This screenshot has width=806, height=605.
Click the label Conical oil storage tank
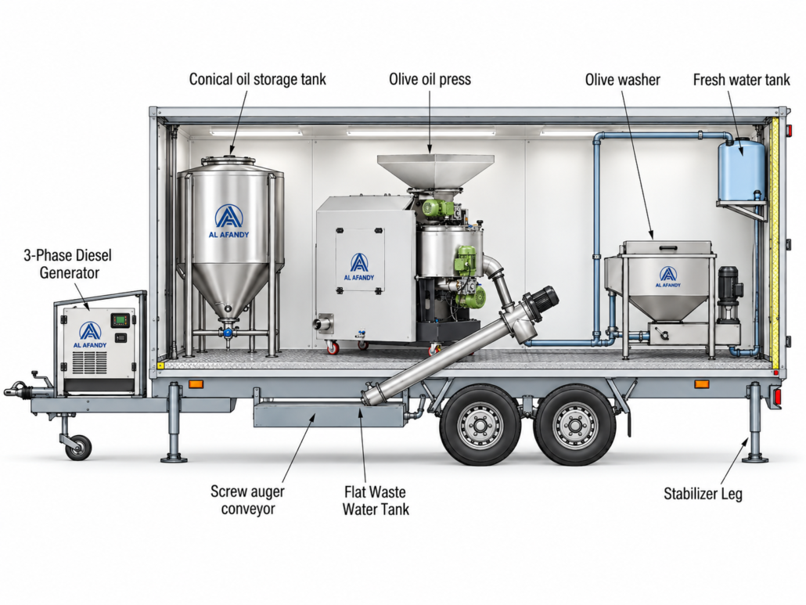[257, 80]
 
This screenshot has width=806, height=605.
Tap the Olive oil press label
[430, 80]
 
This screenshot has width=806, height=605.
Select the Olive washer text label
[622, 80]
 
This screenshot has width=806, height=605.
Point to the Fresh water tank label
[741, 80]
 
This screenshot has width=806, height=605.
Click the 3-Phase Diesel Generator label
[68, 264]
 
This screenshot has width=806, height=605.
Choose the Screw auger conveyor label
[248, 500]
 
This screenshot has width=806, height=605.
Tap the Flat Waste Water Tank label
[376, 501]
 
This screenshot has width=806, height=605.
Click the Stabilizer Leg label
[703, 494]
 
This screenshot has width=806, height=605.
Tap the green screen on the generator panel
[121, 320]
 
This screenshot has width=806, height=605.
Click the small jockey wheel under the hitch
[78, 447]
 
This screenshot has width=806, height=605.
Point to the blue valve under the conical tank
[227, 333]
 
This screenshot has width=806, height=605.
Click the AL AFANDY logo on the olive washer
[667, 277]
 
